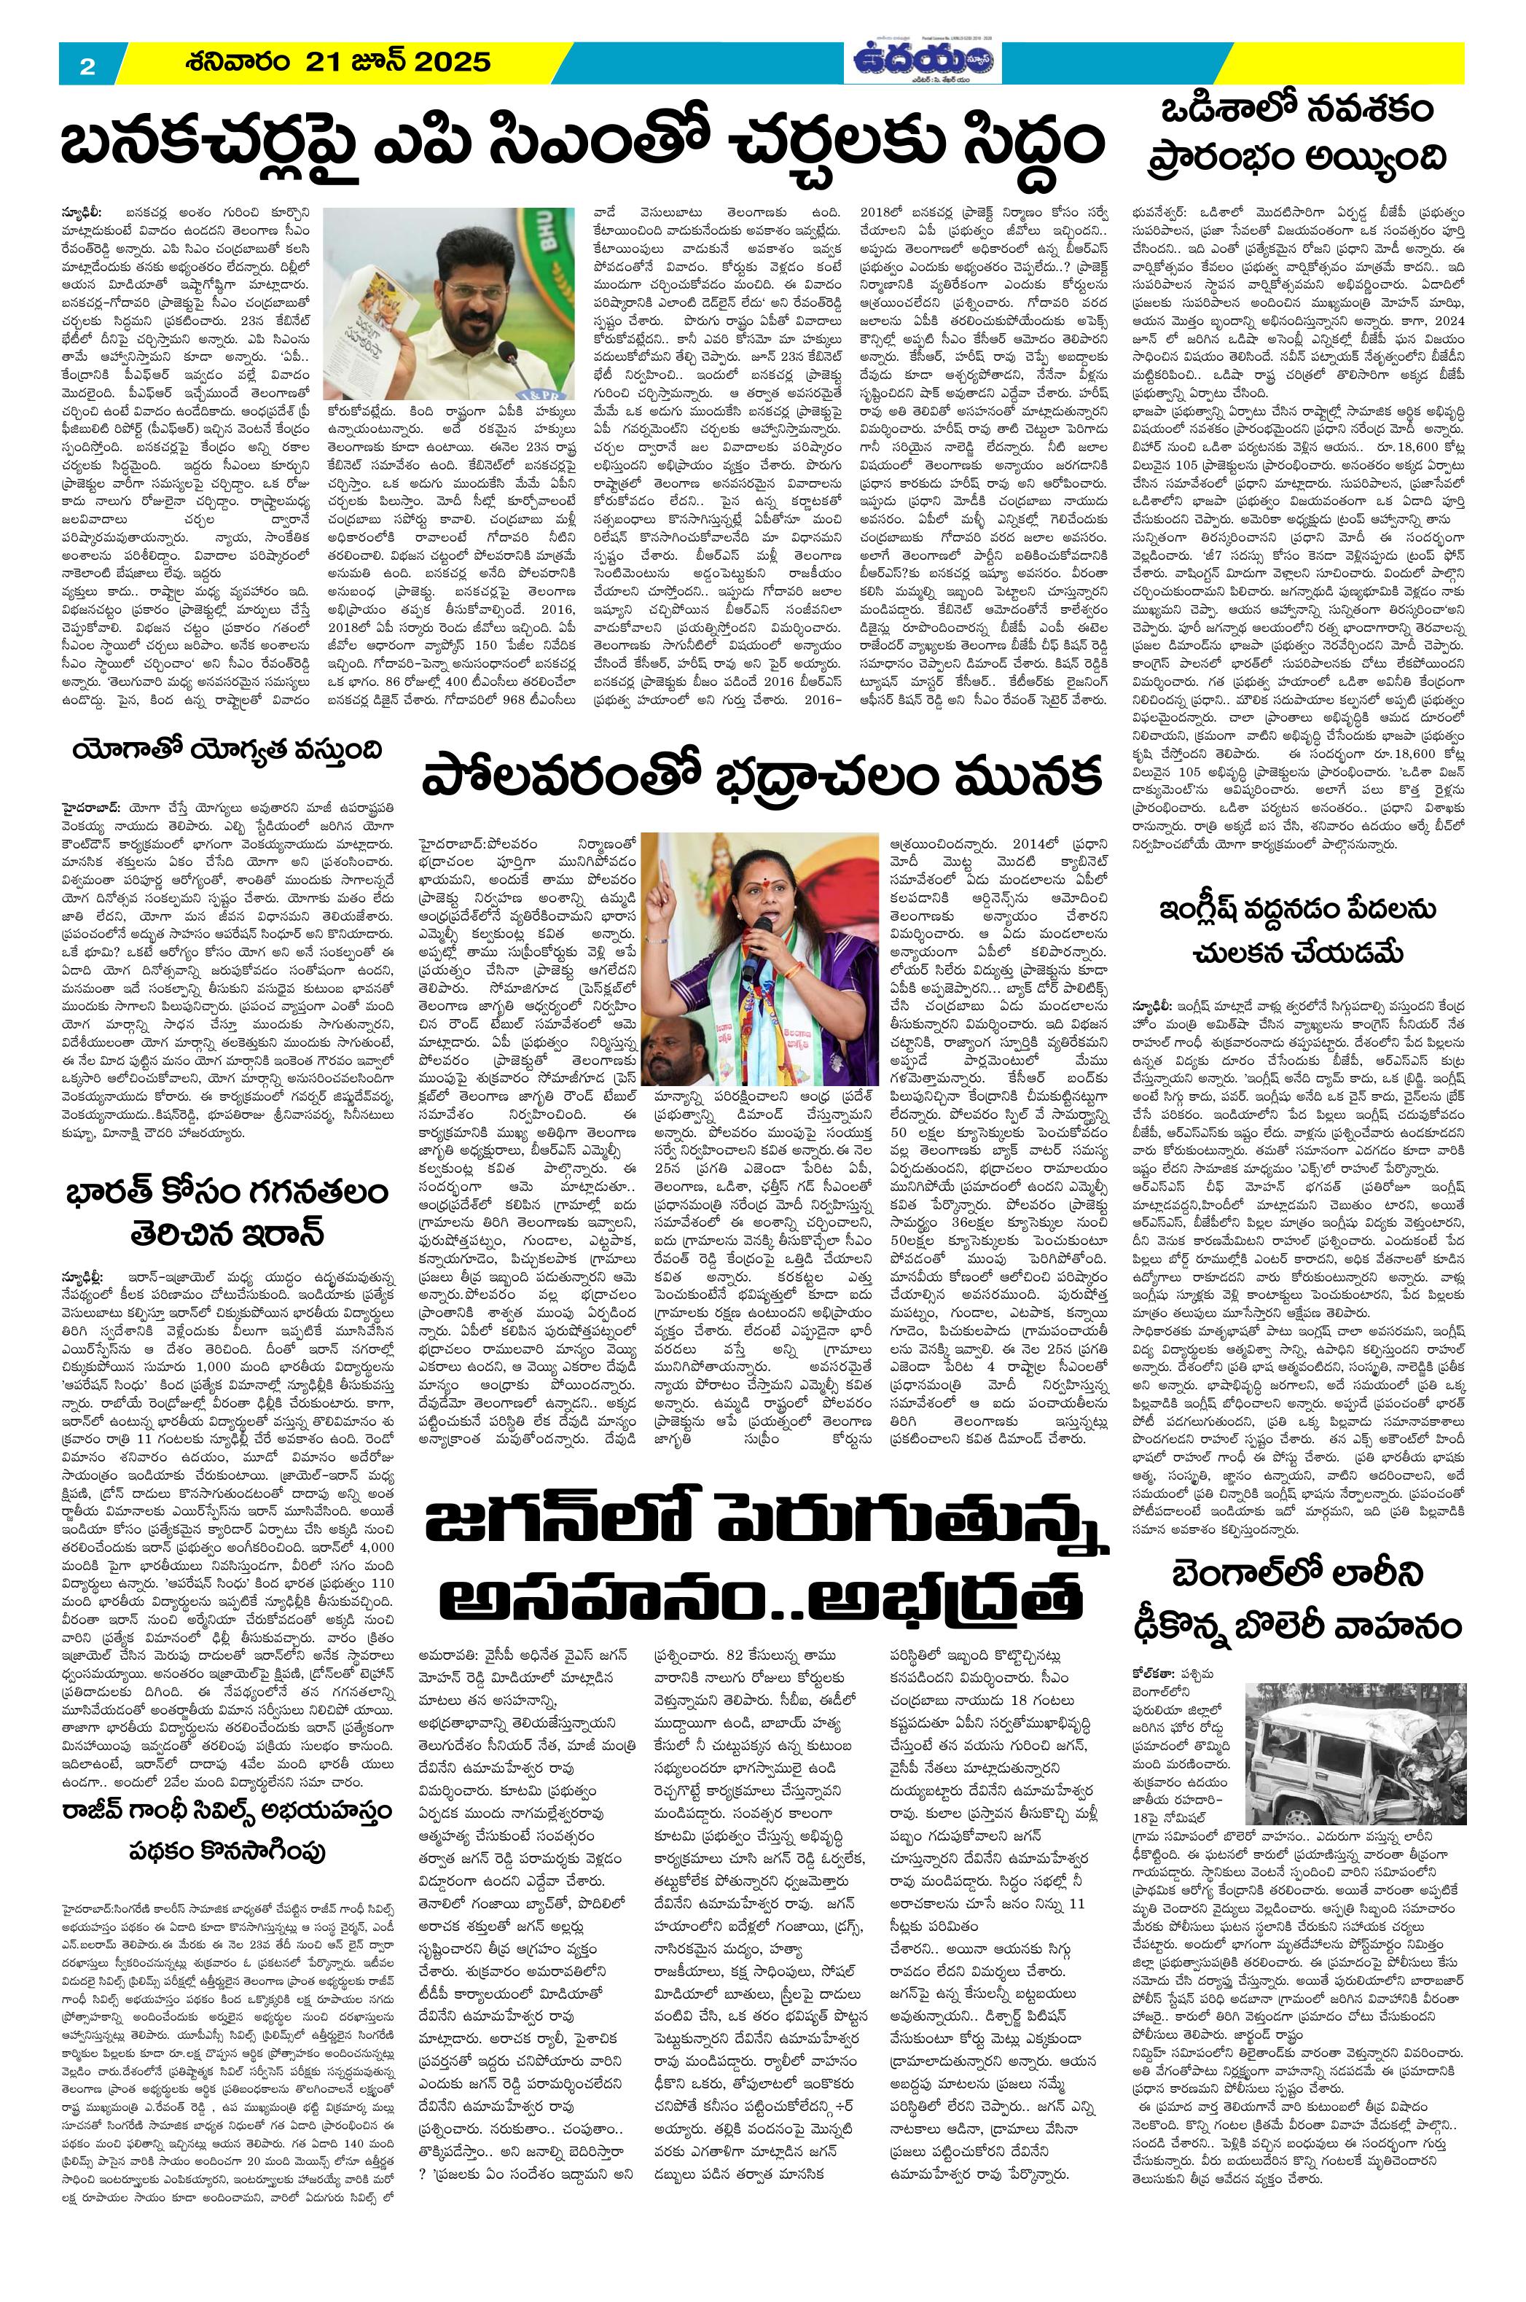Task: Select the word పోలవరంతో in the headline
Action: click(x=555, y=780)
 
